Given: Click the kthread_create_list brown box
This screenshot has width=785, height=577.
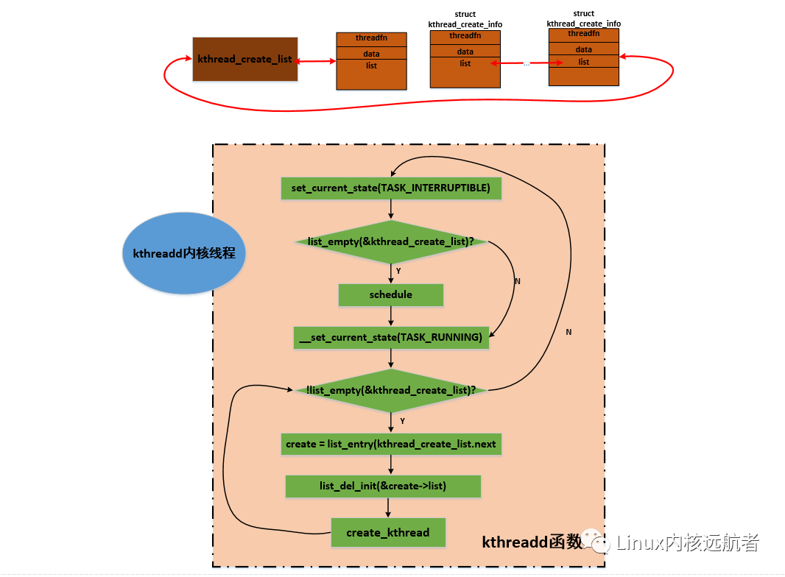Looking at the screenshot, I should click(x=245, y=59).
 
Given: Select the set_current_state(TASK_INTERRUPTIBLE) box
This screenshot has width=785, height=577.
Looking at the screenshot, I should click(x=391, y=188).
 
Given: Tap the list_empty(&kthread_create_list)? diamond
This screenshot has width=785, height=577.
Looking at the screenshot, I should click(x=391, y=241).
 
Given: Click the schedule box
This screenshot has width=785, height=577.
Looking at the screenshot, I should click(x=391, y=295).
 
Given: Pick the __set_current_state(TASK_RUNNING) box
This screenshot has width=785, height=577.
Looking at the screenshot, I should click(x=391, y=338).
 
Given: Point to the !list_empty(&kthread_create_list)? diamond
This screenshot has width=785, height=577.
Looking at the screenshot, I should click(x=391, y=390).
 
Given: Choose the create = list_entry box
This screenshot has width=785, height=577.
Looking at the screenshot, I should click(x=391, y=445).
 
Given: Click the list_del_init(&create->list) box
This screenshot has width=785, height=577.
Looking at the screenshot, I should click(x=383, y=486).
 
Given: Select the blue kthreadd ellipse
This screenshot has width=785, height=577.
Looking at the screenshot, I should click(x=184, y=253).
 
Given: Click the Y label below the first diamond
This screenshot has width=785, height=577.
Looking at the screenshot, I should click(x=398, y=272).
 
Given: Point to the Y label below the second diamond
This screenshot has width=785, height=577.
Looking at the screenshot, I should click(x=402, y=421).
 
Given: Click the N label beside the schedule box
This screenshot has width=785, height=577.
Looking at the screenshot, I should click(x=517, y=281).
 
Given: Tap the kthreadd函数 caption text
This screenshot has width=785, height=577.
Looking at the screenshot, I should click(x=532, y=543).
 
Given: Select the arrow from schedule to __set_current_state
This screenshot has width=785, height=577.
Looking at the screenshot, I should click(x=391, y=316).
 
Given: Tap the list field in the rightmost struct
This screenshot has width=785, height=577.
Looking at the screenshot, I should click(x=584, y=62).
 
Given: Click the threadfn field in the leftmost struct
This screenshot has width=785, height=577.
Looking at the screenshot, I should click(x=371, y=38).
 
